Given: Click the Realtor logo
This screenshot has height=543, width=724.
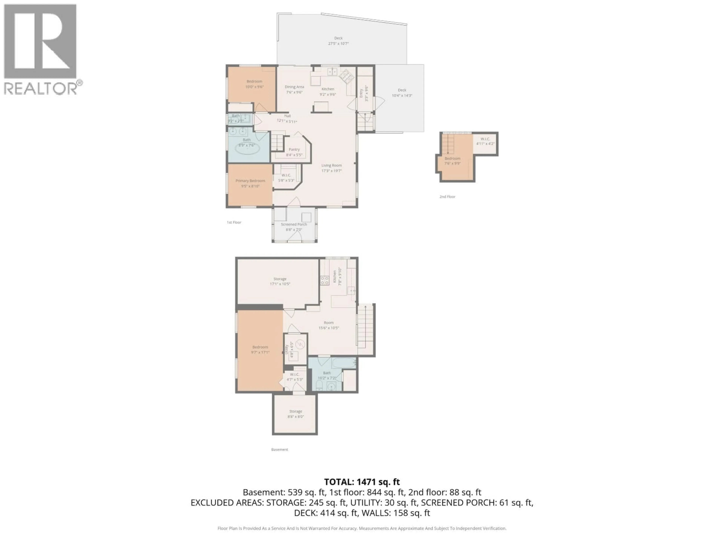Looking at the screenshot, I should tap(40, 49).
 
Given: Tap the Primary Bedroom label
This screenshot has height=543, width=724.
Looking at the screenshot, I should tap(250, 181).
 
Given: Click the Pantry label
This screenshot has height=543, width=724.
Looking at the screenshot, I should tap(294, 150).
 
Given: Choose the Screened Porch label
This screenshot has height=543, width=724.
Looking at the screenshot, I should tap(294, 225).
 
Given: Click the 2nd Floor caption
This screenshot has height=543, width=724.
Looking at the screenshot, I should tap(447, 197).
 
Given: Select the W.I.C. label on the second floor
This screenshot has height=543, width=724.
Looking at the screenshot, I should tap(485, 139).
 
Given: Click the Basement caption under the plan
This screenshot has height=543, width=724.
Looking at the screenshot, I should tap(280, 450).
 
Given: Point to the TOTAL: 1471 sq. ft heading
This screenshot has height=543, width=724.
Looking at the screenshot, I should tap(362, 482).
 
